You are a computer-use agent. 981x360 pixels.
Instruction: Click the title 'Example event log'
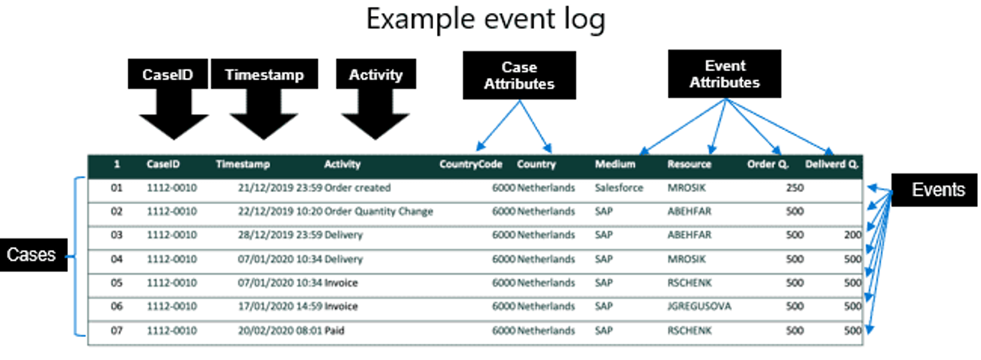[x=485, y=19]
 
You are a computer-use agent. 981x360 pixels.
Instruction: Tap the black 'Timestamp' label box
[x=264, y=75]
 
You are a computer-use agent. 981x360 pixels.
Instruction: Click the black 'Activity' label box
[x=375, y=75]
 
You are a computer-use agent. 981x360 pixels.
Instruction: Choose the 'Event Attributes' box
[x=725, y=74]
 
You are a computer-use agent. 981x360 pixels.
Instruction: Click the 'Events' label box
[x=937, y=190]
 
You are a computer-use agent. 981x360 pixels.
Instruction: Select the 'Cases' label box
[x=31, y=255]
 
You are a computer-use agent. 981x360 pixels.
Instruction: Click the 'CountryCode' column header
[x=471, y=164]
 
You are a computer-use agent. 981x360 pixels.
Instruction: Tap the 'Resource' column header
[x=689, y=164]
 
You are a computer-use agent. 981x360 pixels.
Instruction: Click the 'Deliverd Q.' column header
[x=832, y=164]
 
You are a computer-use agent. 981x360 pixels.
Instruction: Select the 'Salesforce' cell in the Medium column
[x=619, y=187]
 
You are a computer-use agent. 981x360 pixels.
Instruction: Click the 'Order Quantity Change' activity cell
[x=378, y=211]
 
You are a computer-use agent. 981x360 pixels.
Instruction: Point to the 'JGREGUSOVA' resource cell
[x=699, y=306]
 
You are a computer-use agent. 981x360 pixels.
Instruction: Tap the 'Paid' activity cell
[x=335, y=330]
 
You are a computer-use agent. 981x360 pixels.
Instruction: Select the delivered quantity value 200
[x=852, y=235]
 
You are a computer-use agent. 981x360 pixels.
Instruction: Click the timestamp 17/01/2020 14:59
[x=280, y=306]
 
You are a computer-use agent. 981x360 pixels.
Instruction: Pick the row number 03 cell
[x=116, y=235]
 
